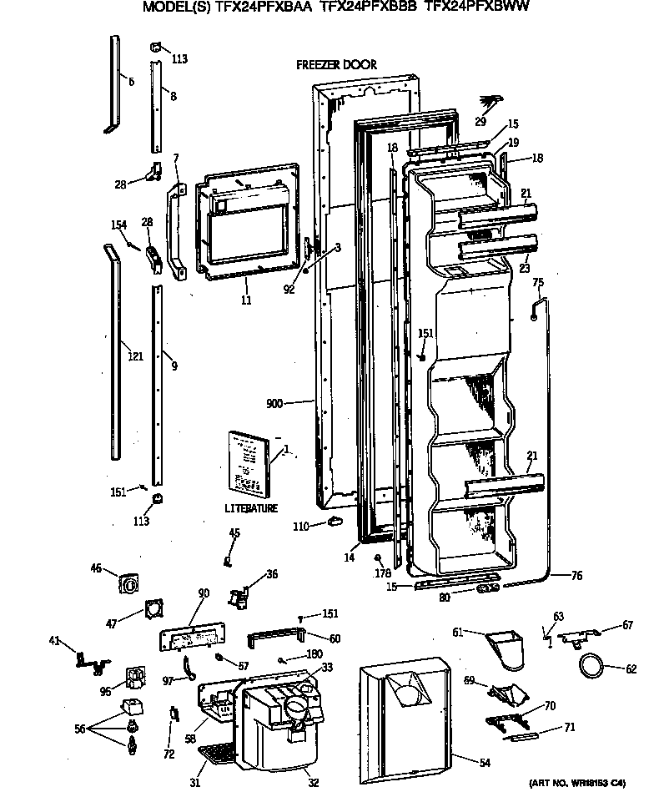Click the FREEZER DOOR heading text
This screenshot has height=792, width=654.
(336, 64)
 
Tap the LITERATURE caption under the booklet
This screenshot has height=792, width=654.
(250, 508)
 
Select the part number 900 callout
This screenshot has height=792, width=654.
(274, 404)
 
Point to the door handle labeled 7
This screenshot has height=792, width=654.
(176, 232)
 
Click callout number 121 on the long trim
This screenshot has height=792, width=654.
(135, 356)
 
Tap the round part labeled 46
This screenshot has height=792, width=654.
(130, 586)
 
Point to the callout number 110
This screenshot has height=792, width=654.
(301, 526)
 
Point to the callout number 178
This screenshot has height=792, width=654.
(383, 572)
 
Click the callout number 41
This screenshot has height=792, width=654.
(54, 641)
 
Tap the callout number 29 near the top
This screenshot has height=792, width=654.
(480, 122)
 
